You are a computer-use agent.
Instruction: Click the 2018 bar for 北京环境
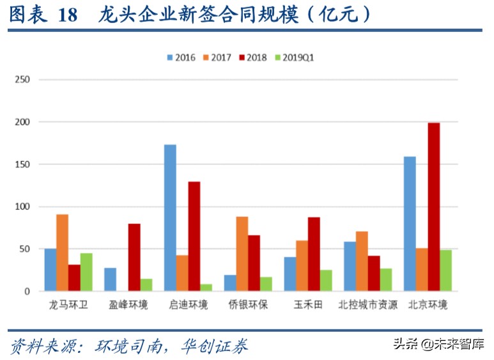tap(434, 207)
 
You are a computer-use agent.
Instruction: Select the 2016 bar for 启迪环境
tap(170, 218)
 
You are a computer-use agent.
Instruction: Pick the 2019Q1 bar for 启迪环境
tap(206, 288)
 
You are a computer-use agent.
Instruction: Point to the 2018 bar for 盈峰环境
tap(134, 257)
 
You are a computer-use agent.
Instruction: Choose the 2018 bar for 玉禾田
tap(314, 254)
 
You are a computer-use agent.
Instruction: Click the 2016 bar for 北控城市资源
tap(350, 267)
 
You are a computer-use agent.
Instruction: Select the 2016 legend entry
tap(182, 58)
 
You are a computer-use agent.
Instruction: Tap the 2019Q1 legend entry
tap(295, 58)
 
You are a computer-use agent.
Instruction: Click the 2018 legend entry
tap(254, 58)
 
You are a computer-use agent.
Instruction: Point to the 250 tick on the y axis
tap(22, 80)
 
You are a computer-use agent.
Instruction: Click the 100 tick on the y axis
tap(22, 207)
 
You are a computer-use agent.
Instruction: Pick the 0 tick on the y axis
tap(27, 292)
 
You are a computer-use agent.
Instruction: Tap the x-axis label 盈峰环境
tap(128, 305)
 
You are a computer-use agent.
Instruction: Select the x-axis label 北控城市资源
tap(368, 305)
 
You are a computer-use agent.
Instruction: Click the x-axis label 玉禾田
tap(308, 305)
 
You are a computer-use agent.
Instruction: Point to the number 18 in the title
tap(67, 15)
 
